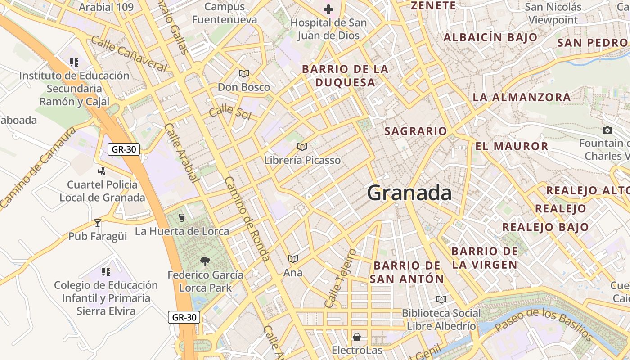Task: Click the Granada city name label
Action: point(409,193)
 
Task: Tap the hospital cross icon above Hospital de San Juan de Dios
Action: point(328,9)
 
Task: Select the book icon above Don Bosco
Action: point(244,73)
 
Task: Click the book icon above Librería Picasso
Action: point(302,147)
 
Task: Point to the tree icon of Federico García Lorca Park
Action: point(205,261)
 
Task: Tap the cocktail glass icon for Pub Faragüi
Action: point(98,223)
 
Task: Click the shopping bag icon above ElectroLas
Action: point(357,337)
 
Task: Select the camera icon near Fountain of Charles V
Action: point(607,130)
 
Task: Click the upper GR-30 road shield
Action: point(124,149)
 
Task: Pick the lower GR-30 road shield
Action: point(184,317)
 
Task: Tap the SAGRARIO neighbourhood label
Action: point(416,131)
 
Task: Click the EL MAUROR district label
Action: point(512,146)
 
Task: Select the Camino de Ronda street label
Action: point(247,219)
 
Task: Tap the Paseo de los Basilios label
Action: point(544,324)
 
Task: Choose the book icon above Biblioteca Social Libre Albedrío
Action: point(441,299)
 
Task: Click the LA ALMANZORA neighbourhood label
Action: point(522,97)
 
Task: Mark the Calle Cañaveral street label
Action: point(129,54)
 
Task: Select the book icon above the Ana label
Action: point(293,259)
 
